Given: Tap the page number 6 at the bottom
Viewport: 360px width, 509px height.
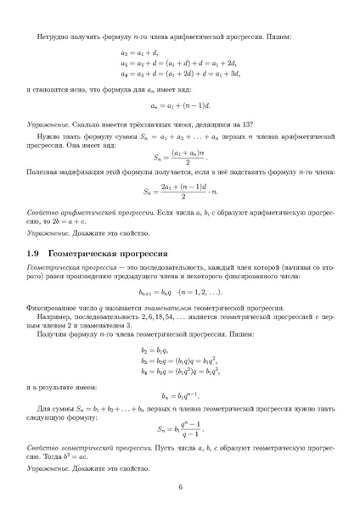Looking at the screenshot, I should [180, 486].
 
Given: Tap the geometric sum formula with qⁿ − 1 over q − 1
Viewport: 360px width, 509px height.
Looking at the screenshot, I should [180, 428].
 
